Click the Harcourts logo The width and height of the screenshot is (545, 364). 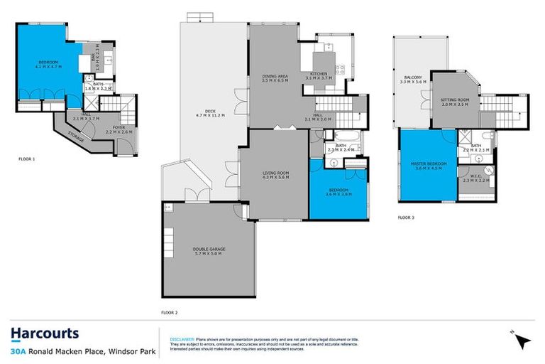pos(45,333)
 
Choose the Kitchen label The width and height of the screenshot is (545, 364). pos(318,74)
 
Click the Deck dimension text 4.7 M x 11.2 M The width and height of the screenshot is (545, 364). pos(209,114)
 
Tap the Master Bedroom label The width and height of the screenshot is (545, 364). pos(429,164)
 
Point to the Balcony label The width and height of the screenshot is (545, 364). pos(414,77)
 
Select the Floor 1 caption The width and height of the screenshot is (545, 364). pos(26,159)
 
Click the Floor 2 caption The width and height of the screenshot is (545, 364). pos(169,312)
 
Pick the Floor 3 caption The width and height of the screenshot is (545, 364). pos(406,217)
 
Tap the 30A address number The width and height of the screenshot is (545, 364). pos(18,351)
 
